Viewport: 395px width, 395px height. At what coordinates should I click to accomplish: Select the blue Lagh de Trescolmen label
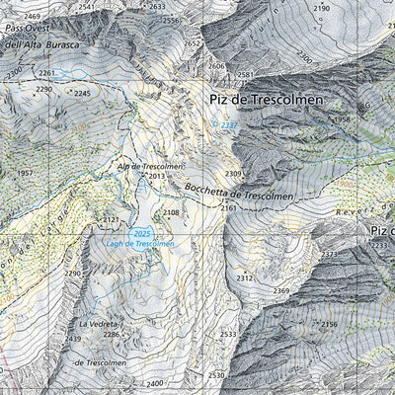tap(138, 243)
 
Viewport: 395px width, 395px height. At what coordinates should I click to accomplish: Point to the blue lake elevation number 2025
tap(142, 233)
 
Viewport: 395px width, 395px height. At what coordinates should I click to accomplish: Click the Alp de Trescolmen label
tap(151, 167)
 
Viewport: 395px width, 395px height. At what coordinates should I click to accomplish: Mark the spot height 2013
tap(157, 177)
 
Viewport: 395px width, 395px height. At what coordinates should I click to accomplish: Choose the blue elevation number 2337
tap(230, 125)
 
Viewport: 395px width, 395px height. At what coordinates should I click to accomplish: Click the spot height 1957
tap(27, 174)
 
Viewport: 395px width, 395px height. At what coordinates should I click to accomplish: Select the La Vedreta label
tap(100, 324)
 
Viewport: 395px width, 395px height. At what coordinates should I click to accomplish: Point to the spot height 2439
tap(73, 339)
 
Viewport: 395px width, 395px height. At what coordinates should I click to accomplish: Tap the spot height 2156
tap(329, 324)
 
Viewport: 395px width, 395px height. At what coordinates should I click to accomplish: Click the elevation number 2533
tap(228, 335)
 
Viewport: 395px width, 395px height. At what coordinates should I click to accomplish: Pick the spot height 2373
tap(329, 254)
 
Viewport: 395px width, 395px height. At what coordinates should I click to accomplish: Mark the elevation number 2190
tap(322, 8)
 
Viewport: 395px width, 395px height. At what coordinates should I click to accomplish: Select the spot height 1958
tap(342, 119)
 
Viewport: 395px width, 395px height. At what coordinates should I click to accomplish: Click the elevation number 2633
tap(157, 7)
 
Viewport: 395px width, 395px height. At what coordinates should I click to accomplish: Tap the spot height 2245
tap(82, 93)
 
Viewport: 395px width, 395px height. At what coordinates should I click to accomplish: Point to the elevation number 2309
tap(233, 174)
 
